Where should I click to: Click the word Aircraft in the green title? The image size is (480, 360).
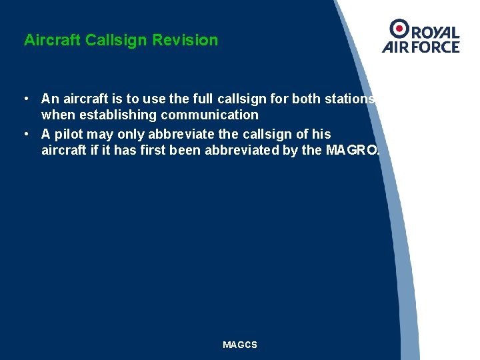coord(53,40)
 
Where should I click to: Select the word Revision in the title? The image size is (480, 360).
coord(185,40)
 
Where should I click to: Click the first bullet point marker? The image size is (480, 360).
coord(25,99)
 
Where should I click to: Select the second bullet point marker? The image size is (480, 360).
coord(25,134)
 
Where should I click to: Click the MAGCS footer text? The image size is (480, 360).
coord(240,345)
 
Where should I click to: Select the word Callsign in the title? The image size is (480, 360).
coord(117,40)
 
